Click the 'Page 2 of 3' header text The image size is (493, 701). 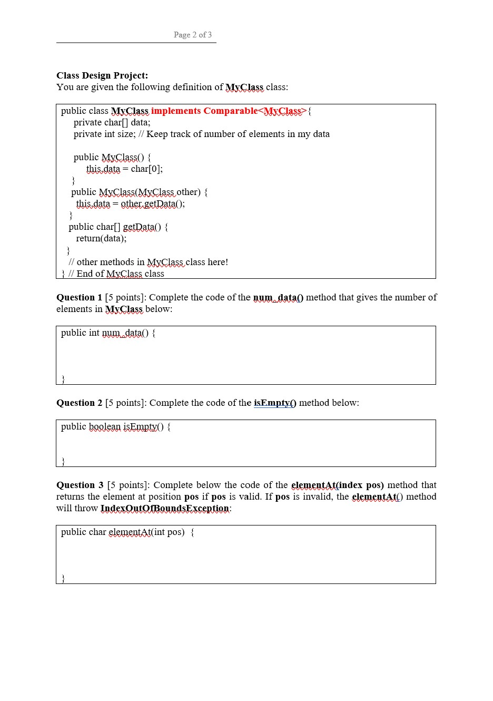click(x=193, y=35)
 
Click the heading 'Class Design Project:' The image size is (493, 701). click(x=102, y=75)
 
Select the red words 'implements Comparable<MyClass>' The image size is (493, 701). click(x=228, y=111)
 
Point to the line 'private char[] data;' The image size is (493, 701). click(x=112, y=122)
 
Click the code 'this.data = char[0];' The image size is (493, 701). click(x=124, y=169)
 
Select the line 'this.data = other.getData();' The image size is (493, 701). click(x=130, y=203)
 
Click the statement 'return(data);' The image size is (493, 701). click(x=101, y=238)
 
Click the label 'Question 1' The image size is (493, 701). click(x=79, y=297)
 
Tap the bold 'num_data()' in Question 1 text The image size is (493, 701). click(x=278, y=297)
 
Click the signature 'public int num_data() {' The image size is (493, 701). click(x=108, y=333)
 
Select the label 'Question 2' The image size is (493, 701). click(x=79, y=403)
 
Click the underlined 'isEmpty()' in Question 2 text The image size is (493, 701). click(x=275, y=403)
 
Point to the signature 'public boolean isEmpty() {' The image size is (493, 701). click(x=115, y=426)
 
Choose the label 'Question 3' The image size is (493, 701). click(x=80, y=485)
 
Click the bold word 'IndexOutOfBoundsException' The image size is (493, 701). click(x=164, y=508)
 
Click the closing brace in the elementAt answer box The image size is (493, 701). click(x=63, y=578)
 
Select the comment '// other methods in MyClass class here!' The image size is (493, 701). click(x=148, y=262)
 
